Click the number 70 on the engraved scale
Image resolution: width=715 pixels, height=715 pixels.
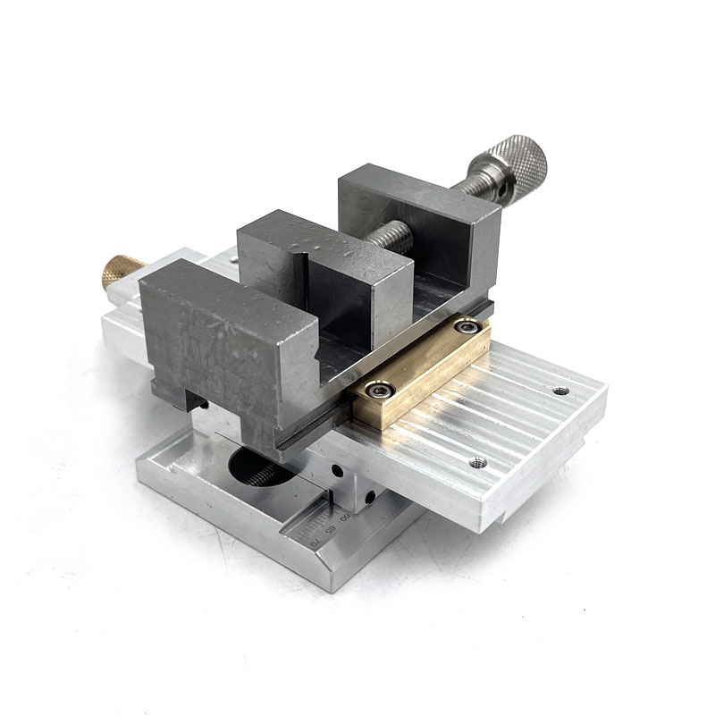tap(313, 540)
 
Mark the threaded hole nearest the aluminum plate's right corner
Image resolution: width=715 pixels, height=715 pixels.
tap(560, 391)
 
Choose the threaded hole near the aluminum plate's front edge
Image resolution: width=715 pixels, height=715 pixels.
tap(477, 462)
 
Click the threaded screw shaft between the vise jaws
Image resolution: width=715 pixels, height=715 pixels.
tap(394, 235)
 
